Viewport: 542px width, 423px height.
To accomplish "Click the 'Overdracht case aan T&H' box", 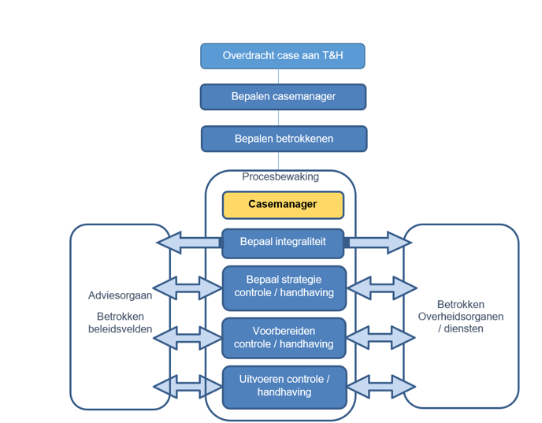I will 282,56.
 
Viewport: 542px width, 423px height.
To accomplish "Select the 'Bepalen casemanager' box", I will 283,97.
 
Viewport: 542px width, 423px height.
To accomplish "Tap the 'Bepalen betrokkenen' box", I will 284,139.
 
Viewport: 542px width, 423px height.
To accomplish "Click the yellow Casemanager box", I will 283,205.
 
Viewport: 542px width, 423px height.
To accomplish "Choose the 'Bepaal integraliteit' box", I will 283,243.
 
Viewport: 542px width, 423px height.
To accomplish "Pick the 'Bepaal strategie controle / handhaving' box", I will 284,287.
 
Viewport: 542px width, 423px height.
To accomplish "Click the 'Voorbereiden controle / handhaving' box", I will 284,337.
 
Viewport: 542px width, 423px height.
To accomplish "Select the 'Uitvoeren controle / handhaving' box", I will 284,386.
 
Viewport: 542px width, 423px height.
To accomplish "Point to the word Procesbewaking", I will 280,177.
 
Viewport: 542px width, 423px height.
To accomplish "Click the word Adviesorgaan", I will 121,296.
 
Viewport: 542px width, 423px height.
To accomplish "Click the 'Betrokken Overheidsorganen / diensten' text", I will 461,317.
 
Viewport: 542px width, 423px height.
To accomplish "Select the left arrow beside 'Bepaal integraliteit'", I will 189,243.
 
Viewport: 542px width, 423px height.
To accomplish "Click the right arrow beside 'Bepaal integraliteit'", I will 378,243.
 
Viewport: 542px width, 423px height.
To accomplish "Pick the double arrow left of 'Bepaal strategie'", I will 187,288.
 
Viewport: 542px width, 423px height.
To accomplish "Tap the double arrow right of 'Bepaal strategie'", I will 381,288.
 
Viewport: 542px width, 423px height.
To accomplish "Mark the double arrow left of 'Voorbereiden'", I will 187,337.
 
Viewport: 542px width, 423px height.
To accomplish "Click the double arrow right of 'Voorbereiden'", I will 381,337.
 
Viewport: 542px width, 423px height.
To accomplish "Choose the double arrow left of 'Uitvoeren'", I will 187,387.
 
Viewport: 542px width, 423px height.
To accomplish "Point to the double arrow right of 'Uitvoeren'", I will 381,387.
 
